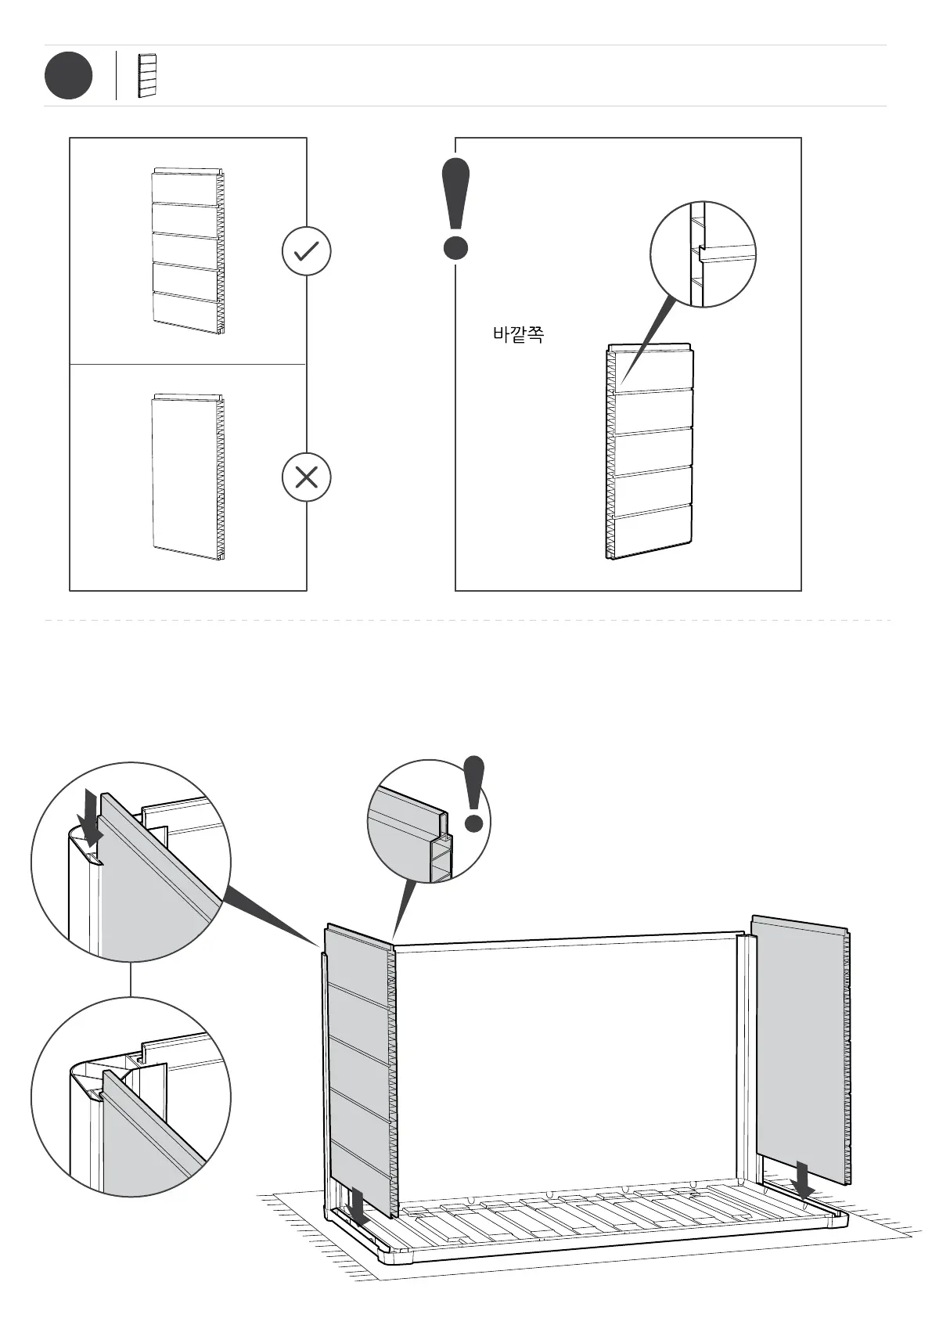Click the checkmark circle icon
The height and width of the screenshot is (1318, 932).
306,251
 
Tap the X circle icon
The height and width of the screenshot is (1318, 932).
306,477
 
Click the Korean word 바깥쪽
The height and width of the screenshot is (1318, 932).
518,335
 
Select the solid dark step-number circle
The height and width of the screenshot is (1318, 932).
68,76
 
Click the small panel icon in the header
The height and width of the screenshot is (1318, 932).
147,76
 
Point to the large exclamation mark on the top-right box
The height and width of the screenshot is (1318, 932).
455,208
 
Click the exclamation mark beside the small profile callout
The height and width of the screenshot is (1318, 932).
474,793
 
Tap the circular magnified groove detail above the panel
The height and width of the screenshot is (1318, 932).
703,254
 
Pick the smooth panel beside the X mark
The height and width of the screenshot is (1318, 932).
188,477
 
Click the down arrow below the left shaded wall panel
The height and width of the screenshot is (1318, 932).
358,1206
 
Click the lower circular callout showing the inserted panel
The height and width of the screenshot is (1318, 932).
131,1097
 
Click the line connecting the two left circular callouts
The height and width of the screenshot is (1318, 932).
131,979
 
